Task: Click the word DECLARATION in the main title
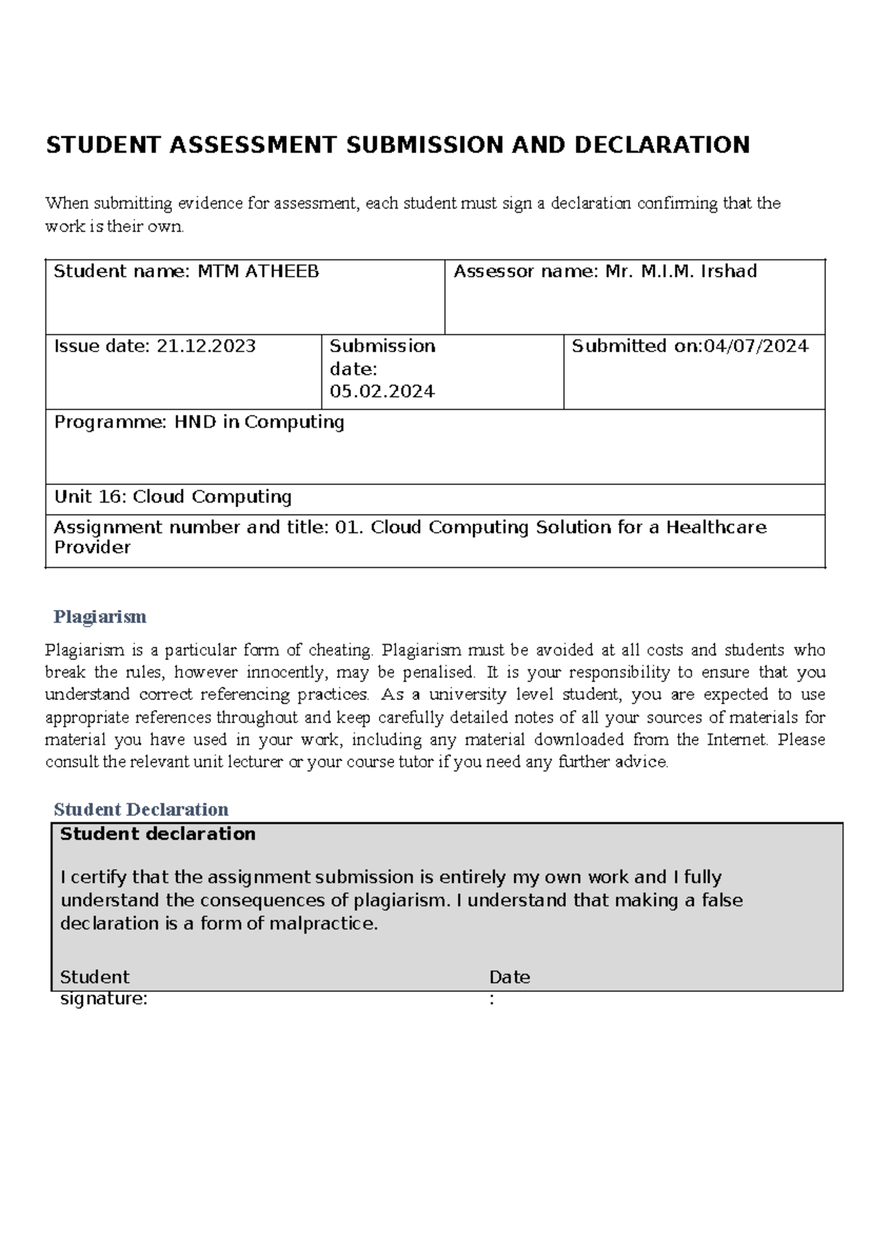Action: tap(662, 145)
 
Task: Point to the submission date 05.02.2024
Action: tap(382, 392)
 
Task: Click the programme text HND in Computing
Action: tap(258, 422)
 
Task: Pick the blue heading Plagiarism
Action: tap(99, 617)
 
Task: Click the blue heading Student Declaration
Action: tap(141, 810)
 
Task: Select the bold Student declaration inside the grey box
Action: tap(158, 834)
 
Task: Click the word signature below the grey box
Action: tap(103, 999)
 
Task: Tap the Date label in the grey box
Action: tap(510, 977)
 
